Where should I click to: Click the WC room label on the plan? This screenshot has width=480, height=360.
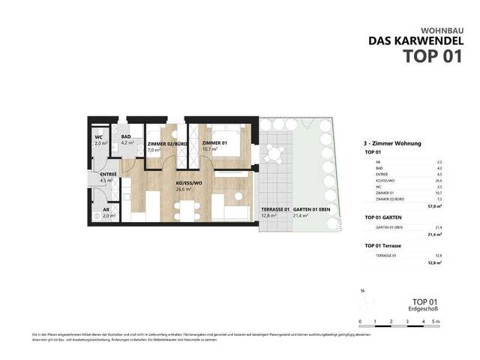pos(97,137)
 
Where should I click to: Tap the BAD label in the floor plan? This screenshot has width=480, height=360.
pos(126,137)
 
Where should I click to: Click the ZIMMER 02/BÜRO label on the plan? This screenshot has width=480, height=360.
pos(163,143)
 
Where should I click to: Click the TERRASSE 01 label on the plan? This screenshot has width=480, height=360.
pos(274,209)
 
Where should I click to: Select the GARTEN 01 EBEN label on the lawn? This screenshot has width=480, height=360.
pos(312,209)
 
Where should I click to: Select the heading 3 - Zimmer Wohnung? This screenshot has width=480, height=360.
pos(391,142)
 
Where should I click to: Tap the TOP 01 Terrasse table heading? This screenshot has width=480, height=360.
pos(385,246)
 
